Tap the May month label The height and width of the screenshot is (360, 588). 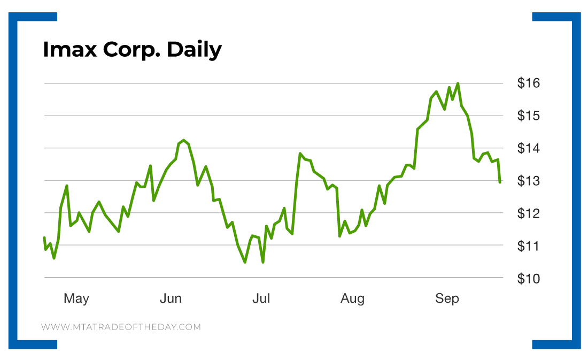pyautogui.click(x=76, y=298)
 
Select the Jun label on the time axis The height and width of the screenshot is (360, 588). pyautogui.click(x=171, y=298)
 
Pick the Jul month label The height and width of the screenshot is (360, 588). pyautogui.click(x=261, y=298)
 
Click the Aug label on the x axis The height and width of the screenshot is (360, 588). pyautogui.click(x=352, y=298)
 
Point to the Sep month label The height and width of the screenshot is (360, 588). pyautogui.click(x=447, y=298)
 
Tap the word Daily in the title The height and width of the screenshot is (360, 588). pyautogui.click(x=194, y=50)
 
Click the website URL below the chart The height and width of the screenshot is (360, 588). pyautogui.click(x=121, y=327)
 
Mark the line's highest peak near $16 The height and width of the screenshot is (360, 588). pyautogui.click(x=458, y=83)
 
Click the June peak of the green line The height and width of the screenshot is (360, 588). pyautogui.click(x=183, y=140)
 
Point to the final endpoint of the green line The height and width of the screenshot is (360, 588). pyautogui.click(x=500, y=182)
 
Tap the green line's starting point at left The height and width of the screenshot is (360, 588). pyautogui.click(x=44, y=237)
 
